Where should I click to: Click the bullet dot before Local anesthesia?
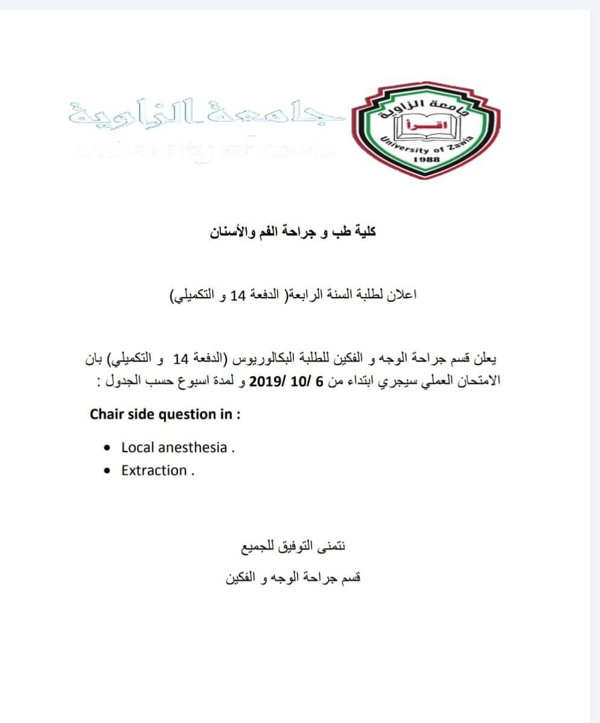point(107,448)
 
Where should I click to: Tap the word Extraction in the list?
point(154,471)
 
